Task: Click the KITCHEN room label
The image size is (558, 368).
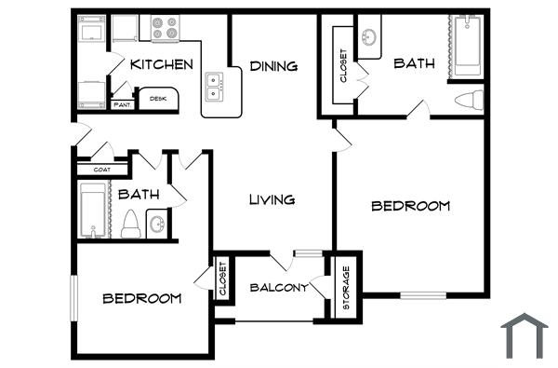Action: [x=162, y=64]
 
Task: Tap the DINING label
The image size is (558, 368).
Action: [x=273, y=66]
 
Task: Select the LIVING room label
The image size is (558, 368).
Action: [x=272, y=199]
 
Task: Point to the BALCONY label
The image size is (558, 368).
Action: [x=279, y=288]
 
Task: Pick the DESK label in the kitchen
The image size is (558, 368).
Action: [x=158, y=98]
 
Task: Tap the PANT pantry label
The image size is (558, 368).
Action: [x=123, y=105]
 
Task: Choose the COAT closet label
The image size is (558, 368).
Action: [x=102, y=170]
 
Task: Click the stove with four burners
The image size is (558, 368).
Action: [x=165, y=29]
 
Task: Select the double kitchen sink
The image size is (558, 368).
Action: [x=216, y=87]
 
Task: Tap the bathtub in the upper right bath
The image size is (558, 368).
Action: [x=467, y=47]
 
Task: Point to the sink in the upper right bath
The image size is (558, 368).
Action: [x=369, y=38]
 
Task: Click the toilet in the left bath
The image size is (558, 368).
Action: [x=131, y=224]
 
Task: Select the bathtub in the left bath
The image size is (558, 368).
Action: [x=93, y=211]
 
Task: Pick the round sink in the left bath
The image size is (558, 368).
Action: [x=157, y=225]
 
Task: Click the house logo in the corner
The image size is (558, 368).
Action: [x=524, y=334]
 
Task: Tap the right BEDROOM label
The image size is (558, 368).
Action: [x=410, y=205]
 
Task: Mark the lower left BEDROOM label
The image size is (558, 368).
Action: [x=141, y=298]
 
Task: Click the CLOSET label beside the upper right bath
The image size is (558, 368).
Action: [x=343, y=66]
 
